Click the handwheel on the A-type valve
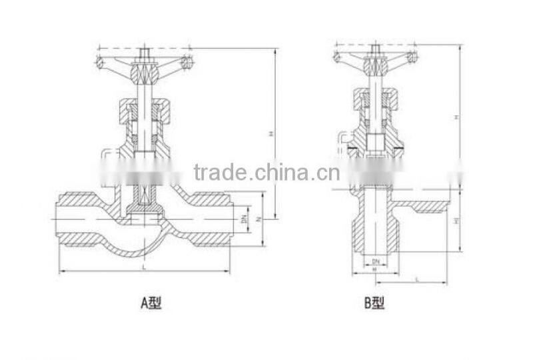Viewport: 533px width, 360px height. click(x=143, y=66)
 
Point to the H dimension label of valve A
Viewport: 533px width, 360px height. click(x=271, y=133)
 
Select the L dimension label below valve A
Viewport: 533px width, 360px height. click(x=145, y=267)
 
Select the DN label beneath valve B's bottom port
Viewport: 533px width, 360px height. click(x=375, y=260)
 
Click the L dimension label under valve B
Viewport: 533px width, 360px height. click(x=416, y=279)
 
